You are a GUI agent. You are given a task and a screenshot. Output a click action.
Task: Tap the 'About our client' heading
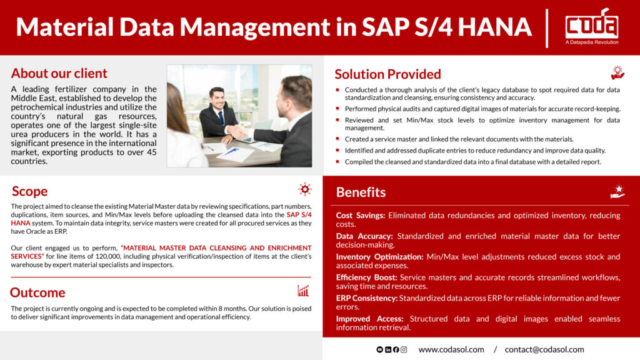pos(59,73)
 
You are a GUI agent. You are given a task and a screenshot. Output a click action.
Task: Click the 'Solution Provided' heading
pos(387,74)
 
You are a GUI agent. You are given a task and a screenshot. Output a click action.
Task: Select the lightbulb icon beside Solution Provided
pos(617,72)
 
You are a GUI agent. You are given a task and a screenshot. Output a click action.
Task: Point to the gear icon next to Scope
pos(304,189)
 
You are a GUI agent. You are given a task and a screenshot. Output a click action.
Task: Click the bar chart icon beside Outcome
pos(303,291)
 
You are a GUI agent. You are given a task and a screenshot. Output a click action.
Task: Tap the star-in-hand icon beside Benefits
pos(617,191)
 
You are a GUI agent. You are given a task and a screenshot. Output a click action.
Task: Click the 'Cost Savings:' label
pos(361,215)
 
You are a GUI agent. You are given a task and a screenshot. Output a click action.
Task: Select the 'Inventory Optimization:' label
pos(379,257)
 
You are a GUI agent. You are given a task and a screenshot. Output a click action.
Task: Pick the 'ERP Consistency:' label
pos(366,298)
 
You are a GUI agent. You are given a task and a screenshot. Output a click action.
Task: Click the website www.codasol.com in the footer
pos(451,349)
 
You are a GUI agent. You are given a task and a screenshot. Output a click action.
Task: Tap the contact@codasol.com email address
pos(544,349)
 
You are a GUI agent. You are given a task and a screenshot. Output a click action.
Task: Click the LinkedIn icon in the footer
pos(387,350)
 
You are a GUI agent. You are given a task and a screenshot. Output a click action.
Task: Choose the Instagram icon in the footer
pos(404,350)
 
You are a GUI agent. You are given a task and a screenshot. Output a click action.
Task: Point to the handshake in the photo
pos(237,132)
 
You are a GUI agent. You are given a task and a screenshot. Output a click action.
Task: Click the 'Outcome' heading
pos(37,292)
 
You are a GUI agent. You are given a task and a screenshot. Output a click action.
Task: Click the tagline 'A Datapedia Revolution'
pos(592,42)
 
